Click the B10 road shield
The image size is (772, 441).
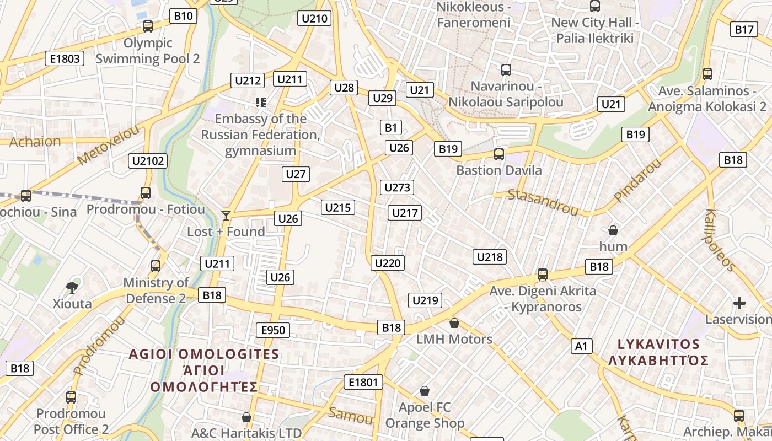pyautogui.click(x=183, y=16)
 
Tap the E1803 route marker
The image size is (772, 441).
pyautogui.click(x=65, y=58)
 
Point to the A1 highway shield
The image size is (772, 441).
pyautogui.click(x=581, y=346)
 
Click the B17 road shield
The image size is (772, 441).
pyautogui.click(x=744, y=30)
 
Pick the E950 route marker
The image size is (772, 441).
pyautogui.click(x=273, y=330)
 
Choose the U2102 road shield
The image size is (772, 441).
pyautogui.click(x=148, y=161)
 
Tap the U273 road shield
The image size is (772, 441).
pyautogui.click(x=397, y=187)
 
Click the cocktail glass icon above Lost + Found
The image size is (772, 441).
pyautogui.click(x=226, y=215)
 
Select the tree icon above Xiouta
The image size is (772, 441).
pyautogui.click(x=72, y=287)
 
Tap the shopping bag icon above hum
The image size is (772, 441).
pyautogui.click(x=613, y=230)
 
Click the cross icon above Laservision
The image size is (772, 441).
pyautogui.click(x=739, y=303)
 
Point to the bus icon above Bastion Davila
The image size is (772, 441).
pyautogui.click(x=499, y=154)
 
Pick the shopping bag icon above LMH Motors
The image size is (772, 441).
pyautogui.click(x=454, y=322)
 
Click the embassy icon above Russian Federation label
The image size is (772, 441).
pyautogui.click(x=260, y=102)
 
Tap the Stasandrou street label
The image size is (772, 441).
pyautogui.click(x=543, y=202)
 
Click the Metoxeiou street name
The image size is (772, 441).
pyautogui.click(x=109, y=145)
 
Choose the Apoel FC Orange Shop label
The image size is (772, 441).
pyautogui.click(x=425, y=415)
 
